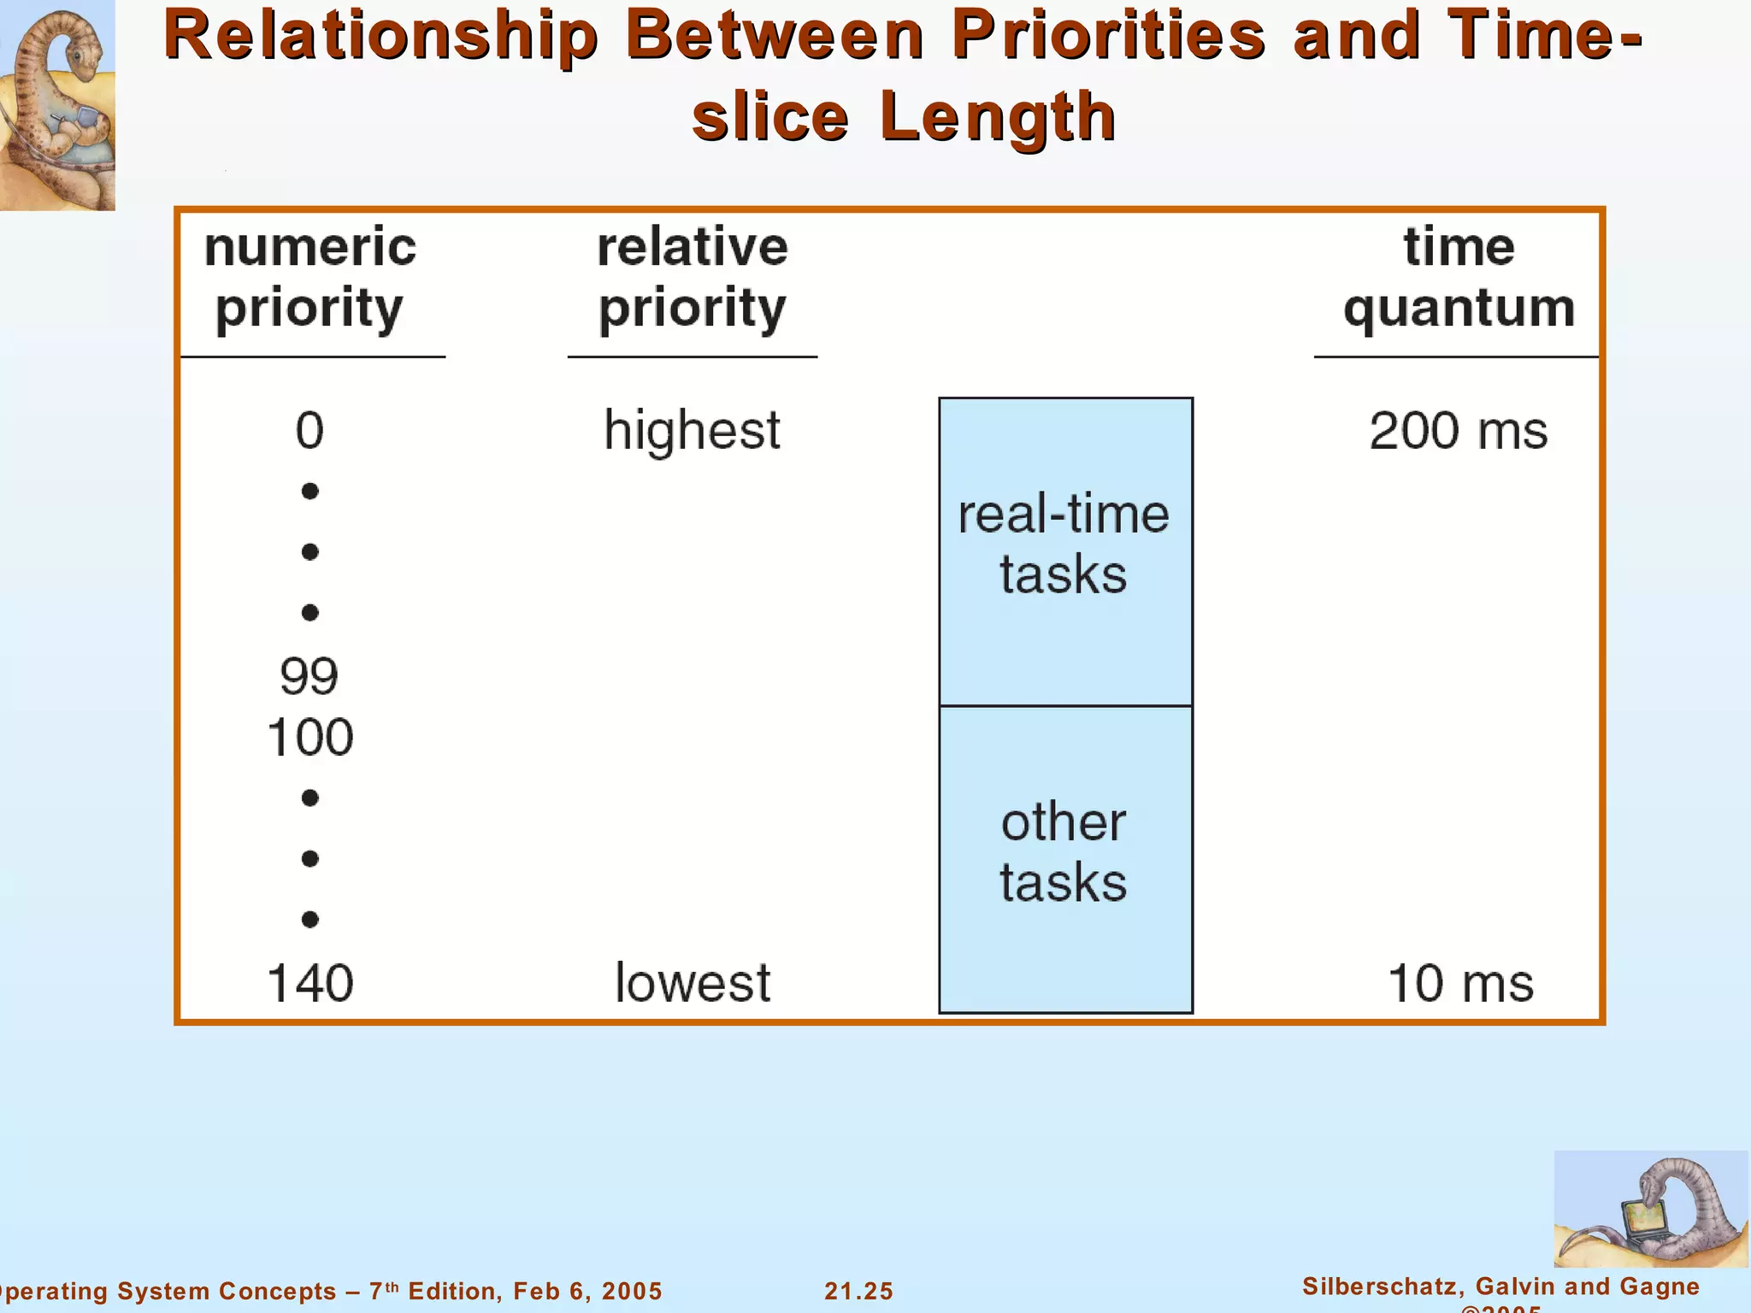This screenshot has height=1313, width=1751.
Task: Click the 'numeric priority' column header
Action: (x=310, y=277)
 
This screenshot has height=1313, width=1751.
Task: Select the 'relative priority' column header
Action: (x=692, y=277)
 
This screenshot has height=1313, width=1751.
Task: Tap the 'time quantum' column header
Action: (x=1459, y=277)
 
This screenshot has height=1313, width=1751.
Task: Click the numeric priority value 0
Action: (x=310, y=430)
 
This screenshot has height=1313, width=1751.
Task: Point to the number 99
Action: (x=309, y=676)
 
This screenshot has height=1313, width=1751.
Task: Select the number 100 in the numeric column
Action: (x=310, y=737)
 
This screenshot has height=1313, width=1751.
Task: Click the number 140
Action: (x=310, y=982)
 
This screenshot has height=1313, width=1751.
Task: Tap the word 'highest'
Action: (x=692, y=430)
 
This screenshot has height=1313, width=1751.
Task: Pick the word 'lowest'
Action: (x=693, y=982)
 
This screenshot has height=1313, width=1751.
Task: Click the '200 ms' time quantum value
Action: (x=1458, y=430)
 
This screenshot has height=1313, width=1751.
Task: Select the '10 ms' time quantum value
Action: (x=1460, y=982)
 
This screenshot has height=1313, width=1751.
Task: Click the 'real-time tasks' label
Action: (x=1064, y=544)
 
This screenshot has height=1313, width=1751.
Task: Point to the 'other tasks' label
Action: (x=1064, y=851)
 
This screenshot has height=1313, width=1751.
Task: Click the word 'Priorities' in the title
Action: (x=1108, y=36)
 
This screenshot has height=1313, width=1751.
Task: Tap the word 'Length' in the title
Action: (x=997, y=117)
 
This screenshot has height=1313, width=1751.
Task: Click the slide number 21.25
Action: (x=858, y=1291)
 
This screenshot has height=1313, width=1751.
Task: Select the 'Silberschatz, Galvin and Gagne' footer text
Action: (x=1500, y=1286)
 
